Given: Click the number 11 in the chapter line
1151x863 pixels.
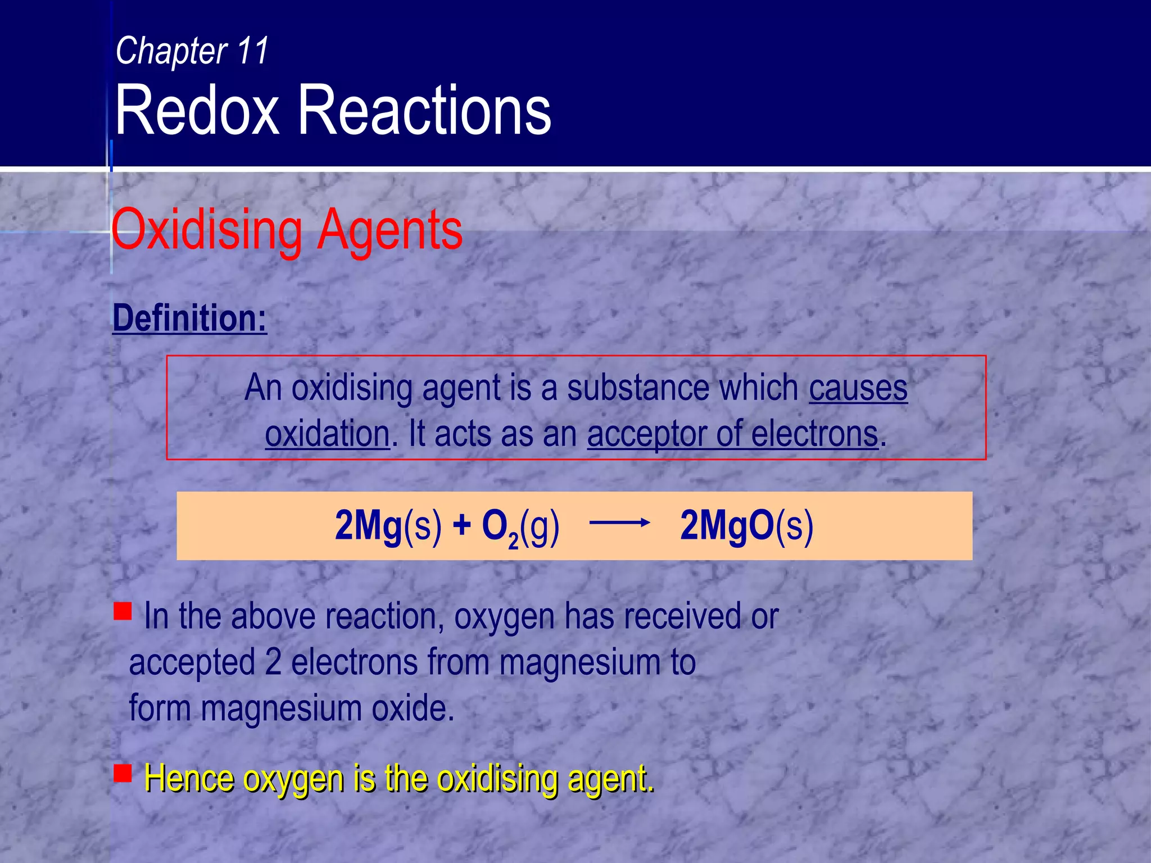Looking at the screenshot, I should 253,51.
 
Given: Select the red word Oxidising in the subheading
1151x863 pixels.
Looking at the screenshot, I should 207,230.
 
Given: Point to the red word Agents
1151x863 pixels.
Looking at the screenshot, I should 390,230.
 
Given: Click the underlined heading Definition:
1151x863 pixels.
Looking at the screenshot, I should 189,318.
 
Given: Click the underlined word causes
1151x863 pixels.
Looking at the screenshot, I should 858,388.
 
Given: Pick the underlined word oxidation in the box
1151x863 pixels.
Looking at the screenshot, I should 327,434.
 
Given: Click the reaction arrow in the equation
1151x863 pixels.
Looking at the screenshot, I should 619,523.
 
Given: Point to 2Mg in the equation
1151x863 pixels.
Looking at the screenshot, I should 369,526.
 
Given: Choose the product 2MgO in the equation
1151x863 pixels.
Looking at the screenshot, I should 727,526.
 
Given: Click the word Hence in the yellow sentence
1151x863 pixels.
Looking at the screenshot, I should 188,779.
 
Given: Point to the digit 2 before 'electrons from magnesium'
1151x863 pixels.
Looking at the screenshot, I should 273,662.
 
